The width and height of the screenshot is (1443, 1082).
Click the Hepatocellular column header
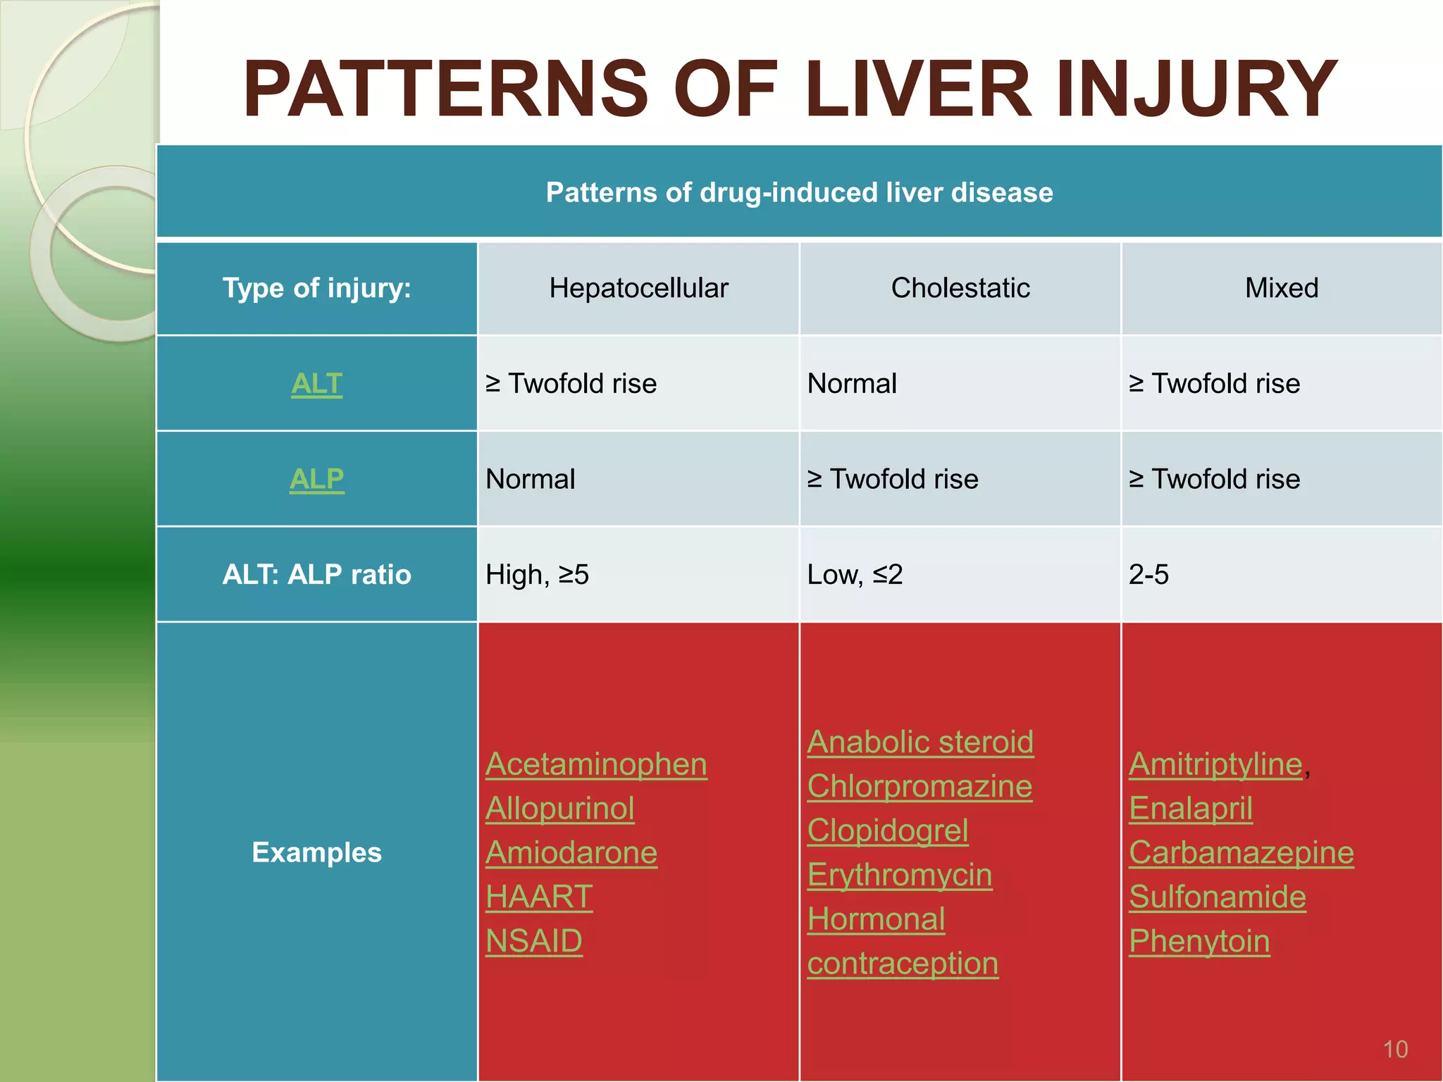[x=638, y=288]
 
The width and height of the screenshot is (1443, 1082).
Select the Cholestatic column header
[x=960, y=288]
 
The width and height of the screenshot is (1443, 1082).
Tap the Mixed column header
[x=1281, y=288]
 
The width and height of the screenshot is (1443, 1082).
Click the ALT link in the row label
[x=316, y=384]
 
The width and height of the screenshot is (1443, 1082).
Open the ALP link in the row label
[x=316, y=480]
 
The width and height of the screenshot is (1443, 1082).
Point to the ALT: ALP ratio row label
[x=316, y=575]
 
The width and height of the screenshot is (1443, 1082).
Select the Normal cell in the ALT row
[x=852, y=384]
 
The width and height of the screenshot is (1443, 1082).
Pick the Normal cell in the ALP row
[x=531, y=480]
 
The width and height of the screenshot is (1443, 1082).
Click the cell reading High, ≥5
[x=537, y=575]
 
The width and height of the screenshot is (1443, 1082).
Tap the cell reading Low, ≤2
[x=855, y=575]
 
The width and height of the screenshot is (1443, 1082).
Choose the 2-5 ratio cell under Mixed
[x=1148, y=575]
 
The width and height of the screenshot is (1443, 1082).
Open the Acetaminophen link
[x=596, y=764]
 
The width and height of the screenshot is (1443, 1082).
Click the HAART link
[x=539, y=897]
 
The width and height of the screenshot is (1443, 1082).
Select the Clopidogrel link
[x=888, y=831]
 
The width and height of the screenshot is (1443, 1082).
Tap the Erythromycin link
[x=900, y=875]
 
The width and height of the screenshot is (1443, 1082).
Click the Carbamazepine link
[x=1241, y=853]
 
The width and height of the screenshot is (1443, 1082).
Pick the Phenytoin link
[x=1199, y=941]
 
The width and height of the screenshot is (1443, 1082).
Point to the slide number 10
[x=1395, y=1050]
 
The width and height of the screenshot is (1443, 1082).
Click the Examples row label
[x=316, y=852]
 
